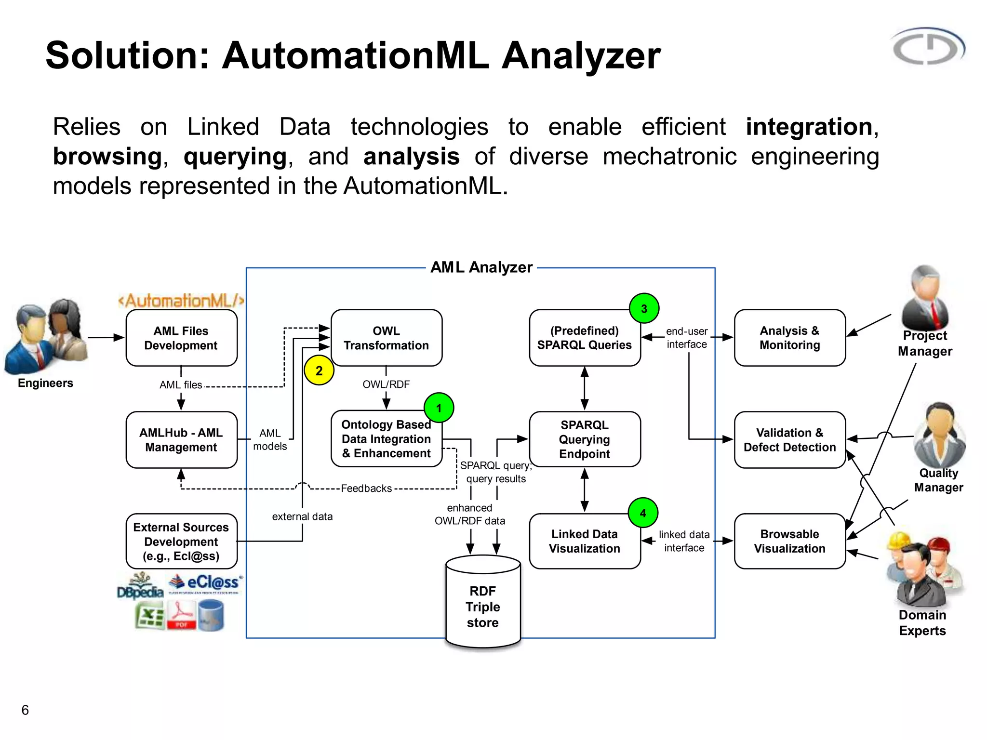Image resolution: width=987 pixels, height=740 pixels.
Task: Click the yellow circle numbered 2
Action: [319, 370]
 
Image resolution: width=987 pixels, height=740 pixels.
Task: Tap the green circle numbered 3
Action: [644, 308]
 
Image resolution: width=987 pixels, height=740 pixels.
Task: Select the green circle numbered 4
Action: [643, 513]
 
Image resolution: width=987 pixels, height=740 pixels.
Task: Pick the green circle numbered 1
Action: [439, 408]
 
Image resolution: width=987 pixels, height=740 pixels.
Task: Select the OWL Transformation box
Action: [386, 338]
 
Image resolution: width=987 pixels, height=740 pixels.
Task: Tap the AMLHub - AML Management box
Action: [181, 439]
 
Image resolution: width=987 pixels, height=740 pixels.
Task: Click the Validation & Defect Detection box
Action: [789, 439]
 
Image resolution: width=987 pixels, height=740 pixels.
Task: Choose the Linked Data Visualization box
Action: [584, 541]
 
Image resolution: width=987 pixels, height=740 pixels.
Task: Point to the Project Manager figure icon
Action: [925, 298]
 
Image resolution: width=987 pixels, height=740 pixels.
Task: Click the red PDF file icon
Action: [181, 616]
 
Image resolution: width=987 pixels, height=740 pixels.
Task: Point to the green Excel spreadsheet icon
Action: [149, 617]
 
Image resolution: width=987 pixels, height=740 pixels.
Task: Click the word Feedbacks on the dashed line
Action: [366, 489]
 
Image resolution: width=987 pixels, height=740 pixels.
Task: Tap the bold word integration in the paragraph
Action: [809, 127]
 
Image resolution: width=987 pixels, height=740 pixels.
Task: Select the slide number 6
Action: [25, 710]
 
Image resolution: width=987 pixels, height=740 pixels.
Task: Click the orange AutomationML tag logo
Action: [181, 301]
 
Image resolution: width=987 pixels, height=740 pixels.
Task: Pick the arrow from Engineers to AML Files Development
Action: [106, 337]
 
